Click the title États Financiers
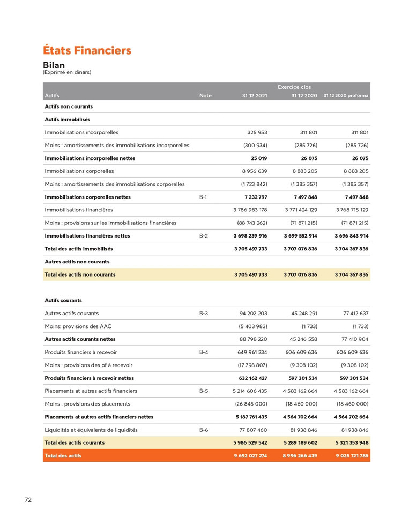click(x=87, y=51)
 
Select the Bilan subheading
click(x=54, y=65)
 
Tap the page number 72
click(x=28, y=500)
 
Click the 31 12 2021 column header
click(x=254, y=96)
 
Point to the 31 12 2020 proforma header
click(x=346, y=96)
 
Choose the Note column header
click(x=205, y=96)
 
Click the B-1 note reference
click(x=203, y=197)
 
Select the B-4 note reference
click(x=203, y=352)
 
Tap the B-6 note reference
click(x=203, y=430)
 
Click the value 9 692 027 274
click(x=250, y=456)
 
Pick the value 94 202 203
click(x=253, y=314)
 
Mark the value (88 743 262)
click(x=252, y=223)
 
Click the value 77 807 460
click(x=253, y=430)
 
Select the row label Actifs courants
click(x=63, y=300)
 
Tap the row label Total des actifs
click(x=63, y=456)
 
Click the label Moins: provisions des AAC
click(x=78, y=326)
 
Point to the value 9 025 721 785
click(x=351, y=456)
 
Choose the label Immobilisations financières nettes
click(x=87, y=236)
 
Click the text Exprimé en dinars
click(x=67, y=72)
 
